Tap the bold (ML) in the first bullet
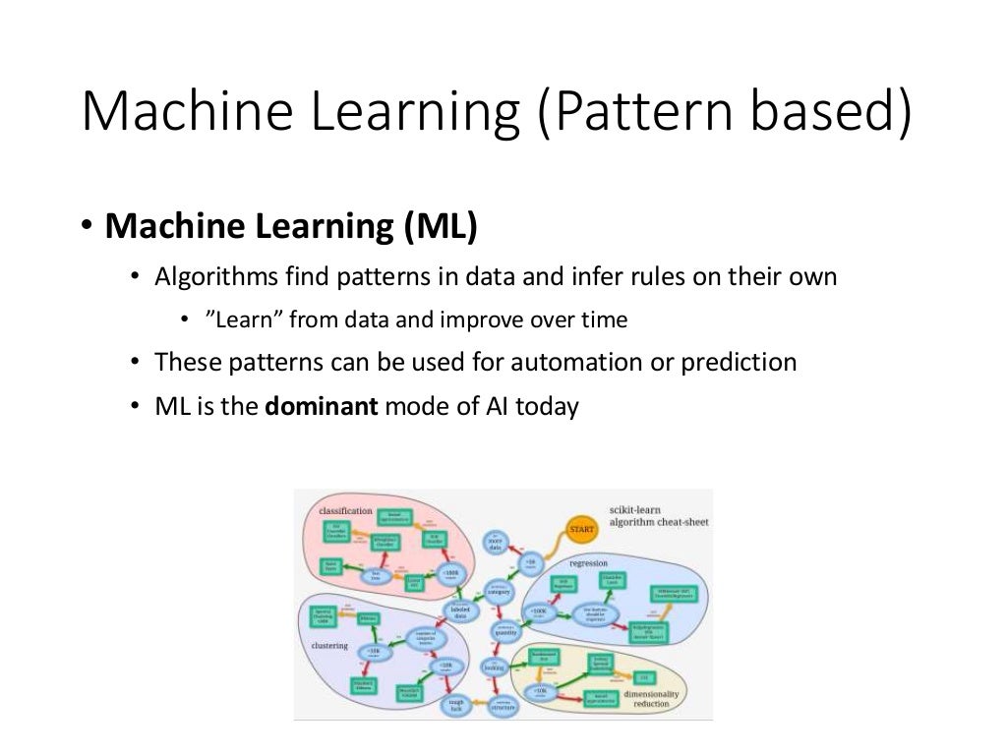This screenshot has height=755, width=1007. pos(440,226)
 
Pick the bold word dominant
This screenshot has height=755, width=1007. pos(322,405)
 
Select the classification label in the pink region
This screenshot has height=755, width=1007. pos(345,510)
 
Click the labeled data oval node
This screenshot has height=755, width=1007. pos(458,611)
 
